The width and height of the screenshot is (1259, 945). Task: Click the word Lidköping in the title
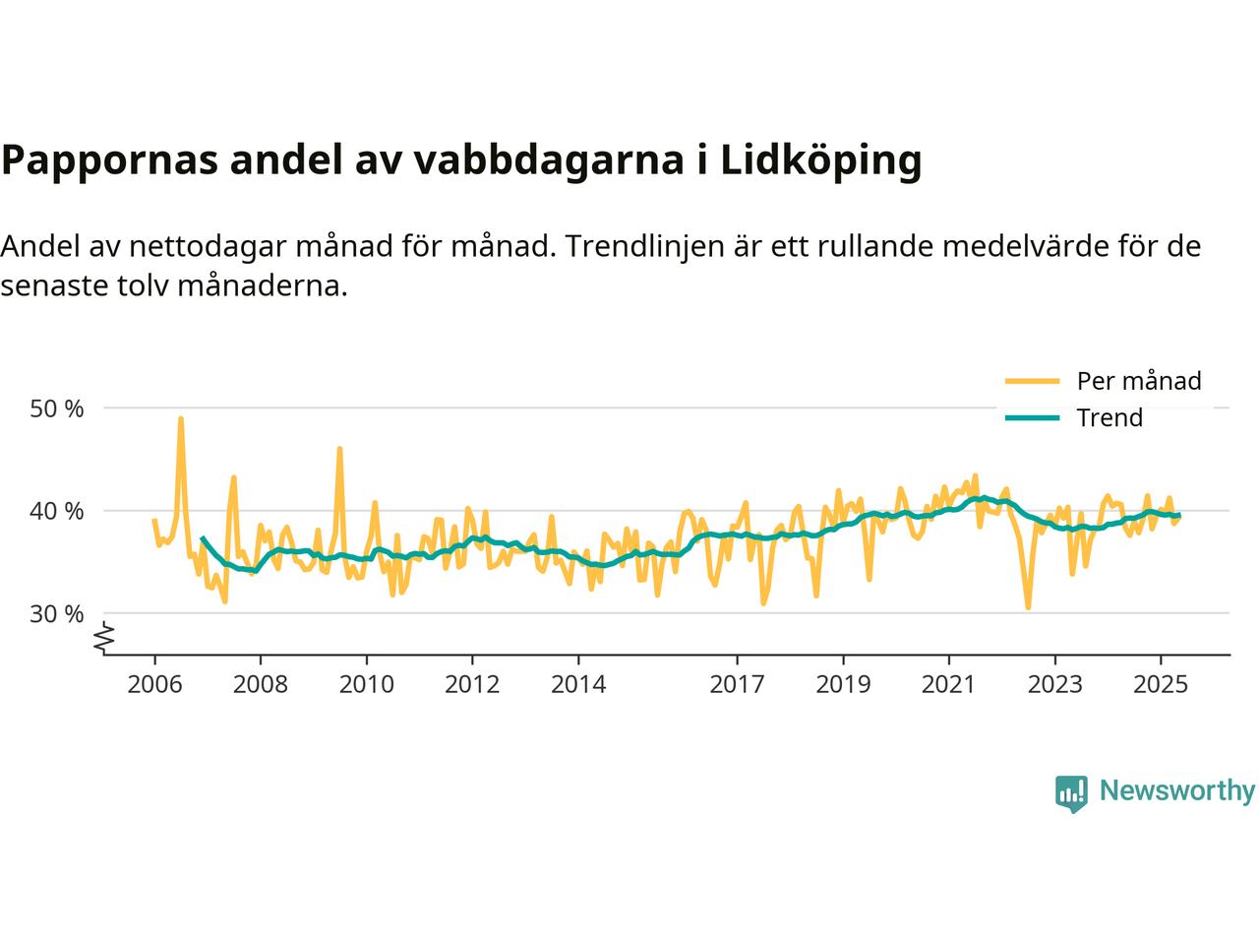[x=821, y=160]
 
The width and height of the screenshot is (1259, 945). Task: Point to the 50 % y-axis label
[x=57, y=408]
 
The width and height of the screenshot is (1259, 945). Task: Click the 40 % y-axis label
[x=57, y=511]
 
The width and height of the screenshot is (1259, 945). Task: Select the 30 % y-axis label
[x=57, y=613]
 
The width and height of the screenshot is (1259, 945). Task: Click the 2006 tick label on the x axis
[x=154, y=683]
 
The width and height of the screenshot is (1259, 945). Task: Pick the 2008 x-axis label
[x=261, y=683]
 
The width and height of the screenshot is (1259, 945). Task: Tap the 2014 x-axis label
[x=578, y=683]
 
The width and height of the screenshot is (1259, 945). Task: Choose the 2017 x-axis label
[x=738, y=683]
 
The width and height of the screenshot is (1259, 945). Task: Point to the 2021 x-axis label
[x=949, y=683]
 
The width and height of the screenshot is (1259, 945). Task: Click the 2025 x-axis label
[x=1161, y=683]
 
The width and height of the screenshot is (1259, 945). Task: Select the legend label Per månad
[x=1139, y=381]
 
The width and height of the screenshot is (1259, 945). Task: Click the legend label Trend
[x=1109, y=417]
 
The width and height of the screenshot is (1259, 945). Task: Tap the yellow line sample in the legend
[x=1032, y=381]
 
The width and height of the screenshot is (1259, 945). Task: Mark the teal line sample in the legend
[x=1032, y=417]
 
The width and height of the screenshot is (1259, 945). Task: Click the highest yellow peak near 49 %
[x=181, y=418]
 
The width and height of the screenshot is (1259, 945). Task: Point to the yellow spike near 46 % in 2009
[x=339, y=449]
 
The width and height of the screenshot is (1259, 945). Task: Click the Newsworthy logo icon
[x=1071, y=792]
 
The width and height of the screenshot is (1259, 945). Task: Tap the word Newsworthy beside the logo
[x=1176, y=791]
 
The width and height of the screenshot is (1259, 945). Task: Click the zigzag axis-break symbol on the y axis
[x=104, y=638]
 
